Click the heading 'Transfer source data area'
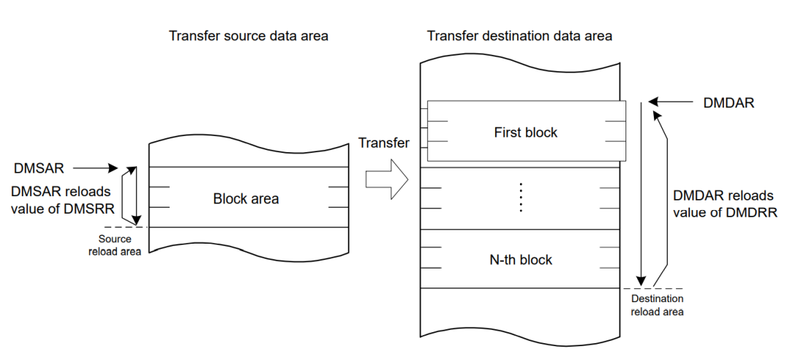click(248, 36)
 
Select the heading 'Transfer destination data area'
click(520, 36)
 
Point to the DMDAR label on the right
click(729, 103)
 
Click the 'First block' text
click(525, 132)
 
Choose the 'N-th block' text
click(521, 260)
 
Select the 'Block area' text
click(246, 198)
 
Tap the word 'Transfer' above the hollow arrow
click(384, 143)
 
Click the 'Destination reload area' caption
click(658, 305)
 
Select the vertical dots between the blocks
click(521, 198)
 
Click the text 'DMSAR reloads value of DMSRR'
click(61, 199)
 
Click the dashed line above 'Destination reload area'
click(658, 289)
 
